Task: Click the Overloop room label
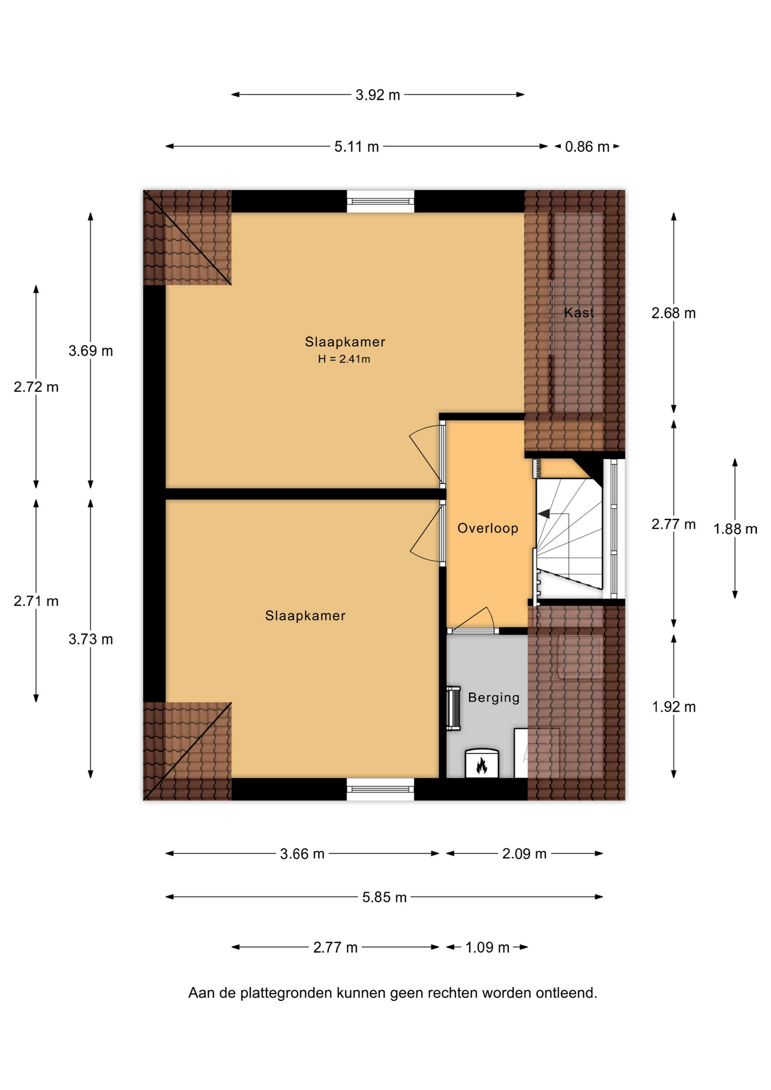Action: tap(488, 529)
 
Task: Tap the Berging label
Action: tap(493, 698)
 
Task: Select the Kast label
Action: tap(579, 312)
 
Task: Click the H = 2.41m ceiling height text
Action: tap(343, 359)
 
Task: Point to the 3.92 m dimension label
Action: tap(378, 95)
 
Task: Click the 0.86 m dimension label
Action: tap(587, 146)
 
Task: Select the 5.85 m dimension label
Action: tap(384, 897)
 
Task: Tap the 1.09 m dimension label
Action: tap(487, 947)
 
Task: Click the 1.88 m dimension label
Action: tap(735, 529)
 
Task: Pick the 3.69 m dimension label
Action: tap(91, 351)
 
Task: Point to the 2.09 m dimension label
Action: tap(524, 853)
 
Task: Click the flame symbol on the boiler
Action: tap(481, 766)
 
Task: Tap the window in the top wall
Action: tap(380, 201)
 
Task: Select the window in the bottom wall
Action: tap(380, 789)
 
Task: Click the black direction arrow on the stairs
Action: tap(543, 514)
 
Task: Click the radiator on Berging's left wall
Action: tap(453, 708)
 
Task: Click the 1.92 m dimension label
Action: tap(673, 707)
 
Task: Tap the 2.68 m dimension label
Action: tap(673, 313)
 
